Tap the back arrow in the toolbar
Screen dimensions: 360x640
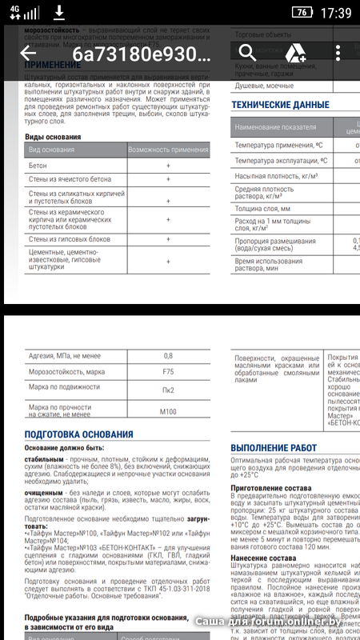tap(29, 54)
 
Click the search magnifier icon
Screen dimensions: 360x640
tap(246, 53)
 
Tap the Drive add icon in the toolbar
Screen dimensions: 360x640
tap(297, 54)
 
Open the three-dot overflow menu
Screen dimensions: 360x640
tap(339, 54)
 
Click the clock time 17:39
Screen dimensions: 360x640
tap(335, 13)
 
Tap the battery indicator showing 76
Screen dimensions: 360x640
tap(302, 13)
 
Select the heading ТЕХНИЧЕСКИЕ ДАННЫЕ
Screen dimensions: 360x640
tap(279, 105)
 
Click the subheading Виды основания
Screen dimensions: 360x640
tap(53, 137)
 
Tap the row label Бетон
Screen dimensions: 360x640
tap(38, 166)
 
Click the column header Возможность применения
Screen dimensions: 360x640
tap(168, 150)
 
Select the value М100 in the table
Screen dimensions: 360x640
tap(168, 411)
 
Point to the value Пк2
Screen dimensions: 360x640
tap(168, 390)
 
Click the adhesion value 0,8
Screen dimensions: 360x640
tap(168, 355)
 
